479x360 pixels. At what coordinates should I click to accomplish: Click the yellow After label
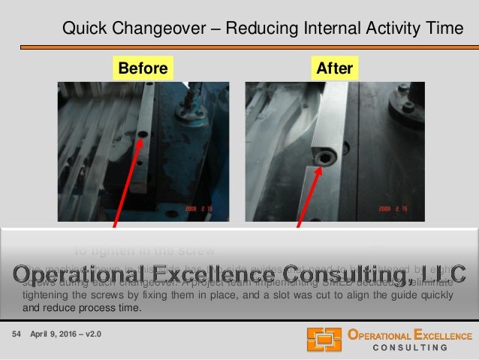click(x=335, y=68)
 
